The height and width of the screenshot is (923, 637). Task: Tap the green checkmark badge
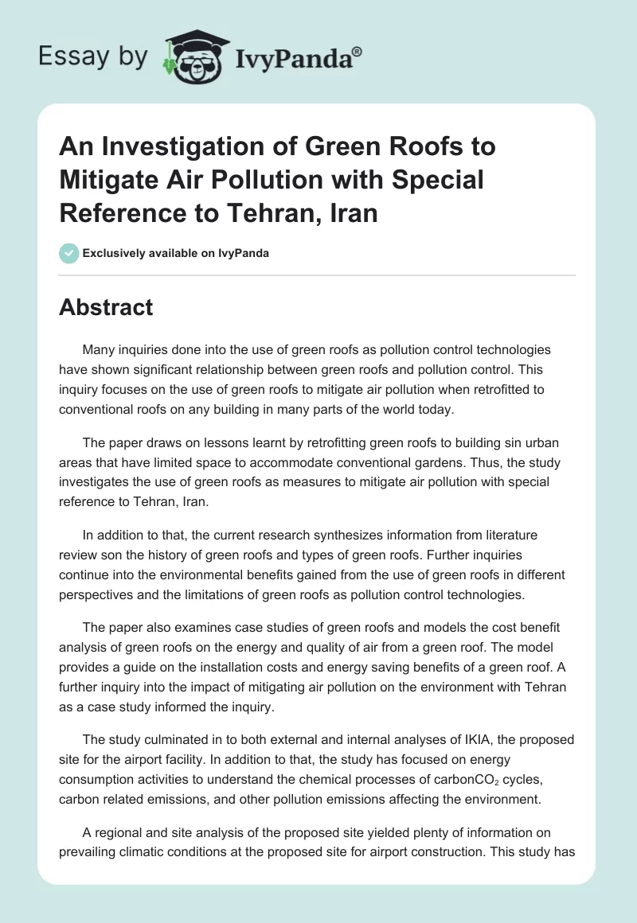click(x=68, y=254)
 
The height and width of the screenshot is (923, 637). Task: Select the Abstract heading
click(x=106, y=308)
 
